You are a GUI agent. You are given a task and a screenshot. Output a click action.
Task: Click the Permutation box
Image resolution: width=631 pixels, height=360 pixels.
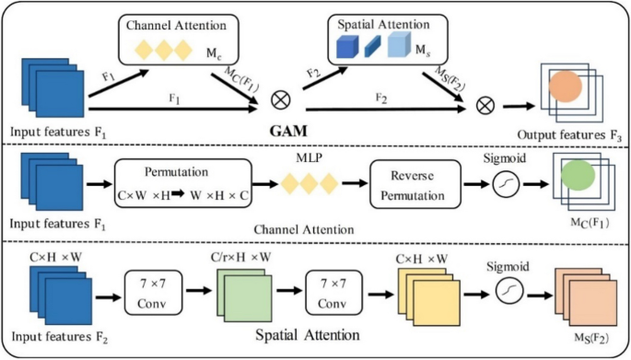pos(180,180)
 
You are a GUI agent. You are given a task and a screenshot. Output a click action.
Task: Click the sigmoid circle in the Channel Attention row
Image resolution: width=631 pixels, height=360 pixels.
pos(503,181)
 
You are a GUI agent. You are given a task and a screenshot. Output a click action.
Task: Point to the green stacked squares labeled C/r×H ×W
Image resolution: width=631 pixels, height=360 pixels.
pos(241,289)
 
